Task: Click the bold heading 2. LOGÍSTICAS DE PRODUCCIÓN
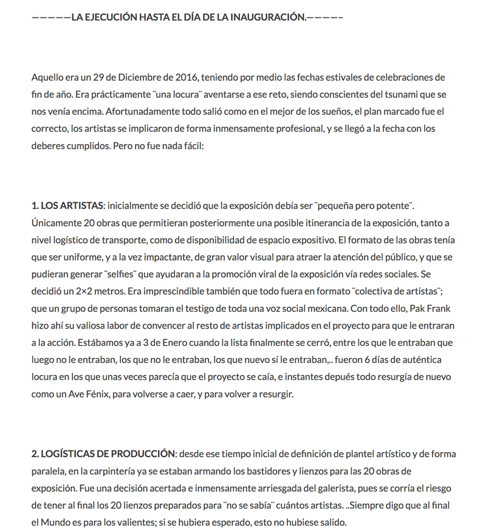pos(103,454)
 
